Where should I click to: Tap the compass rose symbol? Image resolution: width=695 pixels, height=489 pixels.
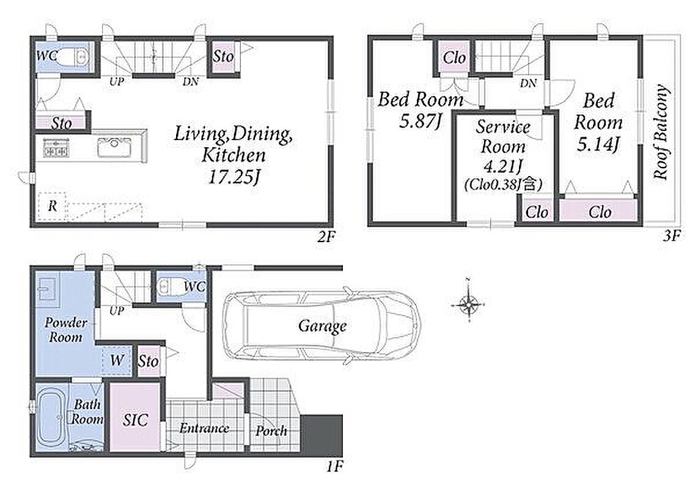click(x=468, y=304)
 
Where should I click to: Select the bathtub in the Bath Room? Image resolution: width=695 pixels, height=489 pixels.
click(x=51, y=419)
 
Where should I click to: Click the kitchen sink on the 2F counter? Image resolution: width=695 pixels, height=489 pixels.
click(x=114, y=147)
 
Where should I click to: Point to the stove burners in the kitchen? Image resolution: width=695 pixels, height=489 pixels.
click(x=56, y=147)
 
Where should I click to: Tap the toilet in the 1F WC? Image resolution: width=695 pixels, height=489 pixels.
click(x=170, y=287)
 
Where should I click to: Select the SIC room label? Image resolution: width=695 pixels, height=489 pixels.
click(x=135, y=419)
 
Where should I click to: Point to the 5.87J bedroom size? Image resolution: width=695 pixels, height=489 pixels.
click(x=420, y=120)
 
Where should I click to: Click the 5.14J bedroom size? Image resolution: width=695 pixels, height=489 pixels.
click(x=598, y=144)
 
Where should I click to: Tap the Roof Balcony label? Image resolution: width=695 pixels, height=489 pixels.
click(x=660, y=132)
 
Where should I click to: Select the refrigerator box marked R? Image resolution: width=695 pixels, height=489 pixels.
click(x=53, y=206)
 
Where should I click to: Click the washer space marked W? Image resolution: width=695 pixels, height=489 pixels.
click(x=117, y=359)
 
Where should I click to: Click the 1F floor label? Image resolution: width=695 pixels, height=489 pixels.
click(x=334, y=466)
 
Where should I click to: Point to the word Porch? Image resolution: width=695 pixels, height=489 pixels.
click(x=271, y=430)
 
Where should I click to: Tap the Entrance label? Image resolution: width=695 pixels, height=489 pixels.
click(x=204, y=428)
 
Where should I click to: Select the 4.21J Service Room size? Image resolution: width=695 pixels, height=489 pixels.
click(x=502, y=166)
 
